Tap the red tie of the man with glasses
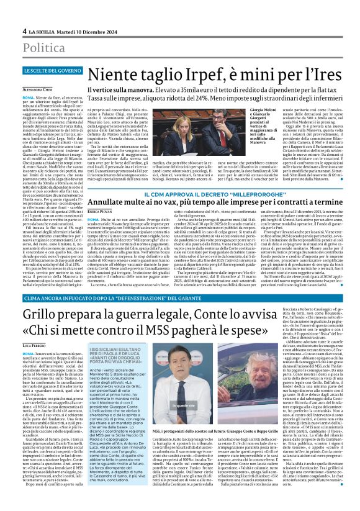[222, 140]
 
